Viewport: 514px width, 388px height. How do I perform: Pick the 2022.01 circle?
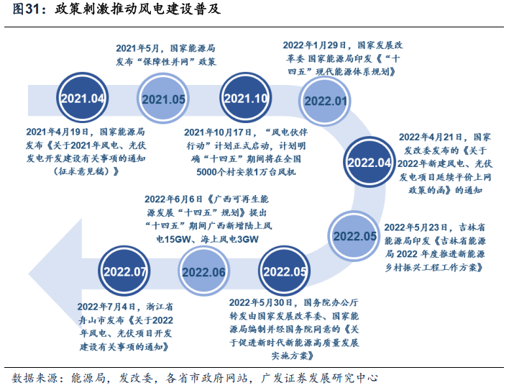tap(326, 101)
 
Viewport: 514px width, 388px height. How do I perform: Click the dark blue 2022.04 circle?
tap(370, 163)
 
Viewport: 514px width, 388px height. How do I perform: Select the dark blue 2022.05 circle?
tap(285, 271)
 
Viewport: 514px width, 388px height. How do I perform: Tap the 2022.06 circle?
tap(204, 272)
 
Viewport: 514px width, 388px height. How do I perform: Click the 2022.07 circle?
tap(125, 271)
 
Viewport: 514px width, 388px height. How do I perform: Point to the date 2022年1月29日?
tap(316, 44)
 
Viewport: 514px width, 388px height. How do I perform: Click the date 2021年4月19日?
tap(60, 132)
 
